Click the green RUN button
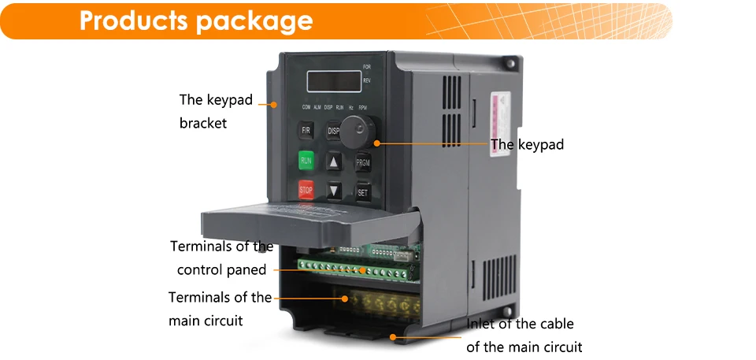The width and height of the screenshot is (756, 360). pos(306,160)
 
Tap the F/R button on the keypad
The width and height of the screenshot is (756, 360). pos(306,130)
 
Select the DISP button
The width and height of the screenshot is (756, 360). pos(334,131)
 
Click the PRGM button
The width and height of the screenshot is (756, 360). pos(363,163)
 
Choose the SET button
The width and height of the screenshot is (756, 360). pos(363,191)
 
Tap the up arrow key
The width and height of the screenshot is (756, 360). pos(335,161)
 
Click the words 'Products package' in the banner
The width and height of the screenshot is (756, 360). pos(196,20)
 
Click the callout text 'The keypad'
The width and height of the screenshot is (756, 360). pos(528,145)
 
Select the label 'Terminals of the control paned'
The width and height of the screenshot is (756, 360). pos(222,258)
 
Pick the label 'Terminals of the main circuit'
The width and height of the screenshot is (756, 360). pos(220,309)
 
